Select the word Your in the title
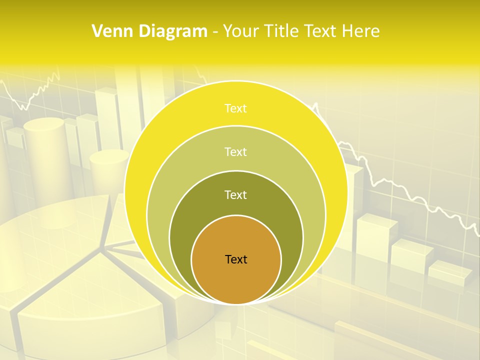coord(241,31)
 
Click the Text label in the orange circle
coord(236,259)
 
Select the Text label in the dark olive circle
coord(236,195)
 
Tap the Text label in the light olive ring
coord(236,151)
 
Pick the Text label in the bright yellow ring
coord(236,108)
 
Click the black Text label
coord(236,259)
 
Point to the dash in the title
coord(214,32)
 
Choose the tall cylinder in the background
coord(45,150)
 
